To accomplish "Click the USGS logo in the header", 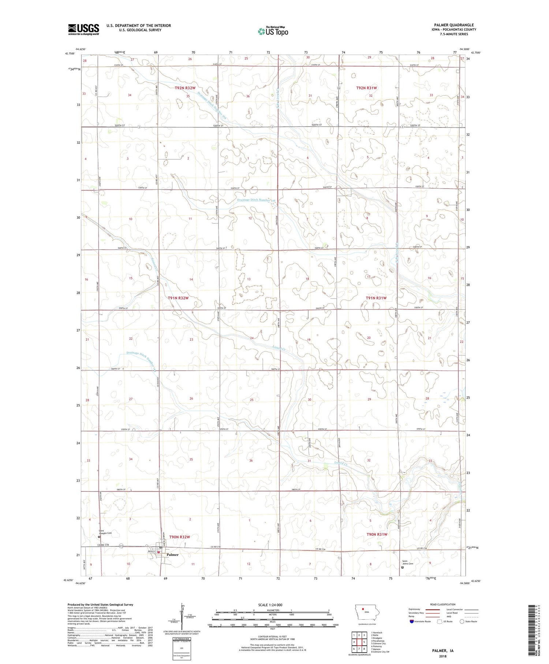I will click(x=83, y=29).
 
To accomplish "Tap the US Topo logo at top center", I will click(x=273, y=31).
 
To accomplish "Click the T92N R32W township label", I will click(x=185, y=88).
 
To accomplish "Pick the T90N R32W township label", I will click(x=180, y=537).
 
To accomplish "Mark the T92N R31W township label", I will click(x=366, y=88).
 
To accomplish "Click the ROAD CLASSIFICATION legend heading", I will click(x=443, y=604).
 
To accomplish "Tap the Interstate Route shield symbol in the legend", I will click(x=412, y=621).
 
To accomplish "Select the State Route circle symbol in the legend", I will click(x=462, y=621).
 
